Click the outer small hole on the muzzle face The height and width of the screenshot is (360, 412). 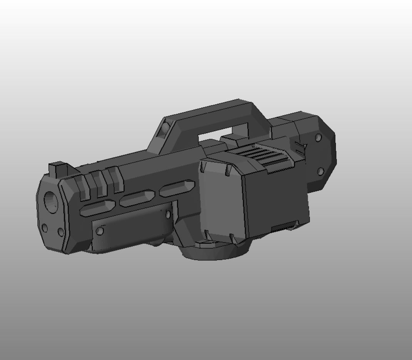tap(45, 228)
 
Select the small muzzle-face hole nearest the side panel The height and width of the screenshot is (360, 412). tap(60, 232)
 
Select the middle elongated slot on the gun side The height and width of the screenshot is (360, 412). tap(137, 198)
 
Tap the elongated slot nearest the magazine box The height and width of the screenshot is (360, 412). tap(177, 189)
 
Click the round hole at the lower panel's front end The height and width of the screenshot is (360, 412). tap(100, 231)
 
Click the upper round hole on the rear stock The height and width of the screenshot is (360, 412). tap(318, 137)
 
